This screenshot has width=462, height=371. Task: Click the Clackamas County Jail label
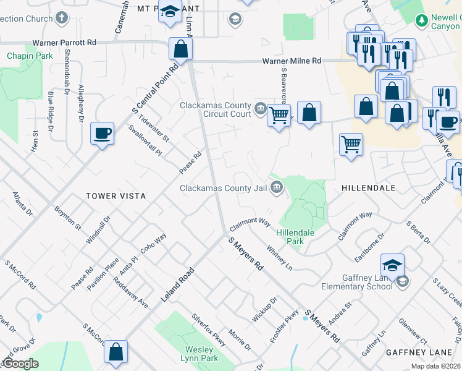224,188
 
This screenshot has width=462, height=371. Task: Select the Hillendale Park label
295,237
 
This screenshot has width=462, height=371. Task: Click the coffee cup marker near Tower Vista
102,133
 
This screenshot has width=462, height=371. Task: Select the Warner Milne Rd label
292,61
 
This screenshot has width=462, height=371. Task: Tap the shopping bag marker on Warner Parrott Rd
180,49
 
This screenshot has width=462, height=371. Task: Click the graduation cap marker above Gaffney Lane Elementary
392,265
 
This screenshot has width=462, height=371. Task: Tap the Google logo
20,364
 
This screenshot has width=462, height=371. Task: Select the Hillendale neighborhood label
368,187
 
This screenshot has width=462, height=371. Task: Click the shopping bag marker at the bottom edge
115,352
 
